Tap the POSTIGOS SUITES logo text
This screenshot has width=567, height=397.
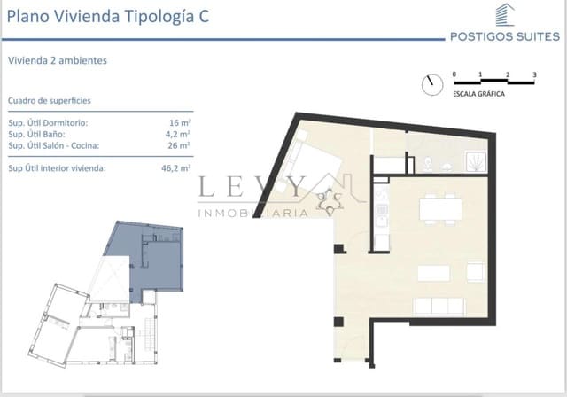(x=503, y=36)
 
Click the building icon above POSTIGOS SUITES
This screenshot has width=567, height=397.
(x=503, y=14)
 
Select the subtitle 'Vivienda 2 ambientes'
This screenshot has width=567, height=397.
(x=58, y=61)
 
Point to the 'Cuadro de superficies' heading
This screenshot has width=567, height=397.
(x=50, y=101)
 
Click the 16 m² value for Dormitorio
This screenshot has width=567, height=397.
(x=180, y=123)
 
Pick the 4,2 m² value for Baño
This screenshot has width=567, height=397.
(x=178, y=134)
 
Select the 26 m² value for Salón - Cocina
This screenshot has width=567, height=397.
(x=180, y=144)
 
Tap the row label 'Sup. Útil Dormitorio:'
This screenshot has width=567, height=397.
(x=48, y=123)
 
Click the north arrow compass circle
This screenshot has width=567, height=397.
(x=432, y=84)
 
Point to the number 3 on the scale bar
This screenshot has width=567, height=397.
(x=534, y=74)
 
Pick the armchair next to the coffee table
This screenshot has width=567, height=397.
(x=475, y=270)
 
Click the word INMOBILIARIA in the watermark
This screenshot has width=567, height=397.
(x=253, y=213)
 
